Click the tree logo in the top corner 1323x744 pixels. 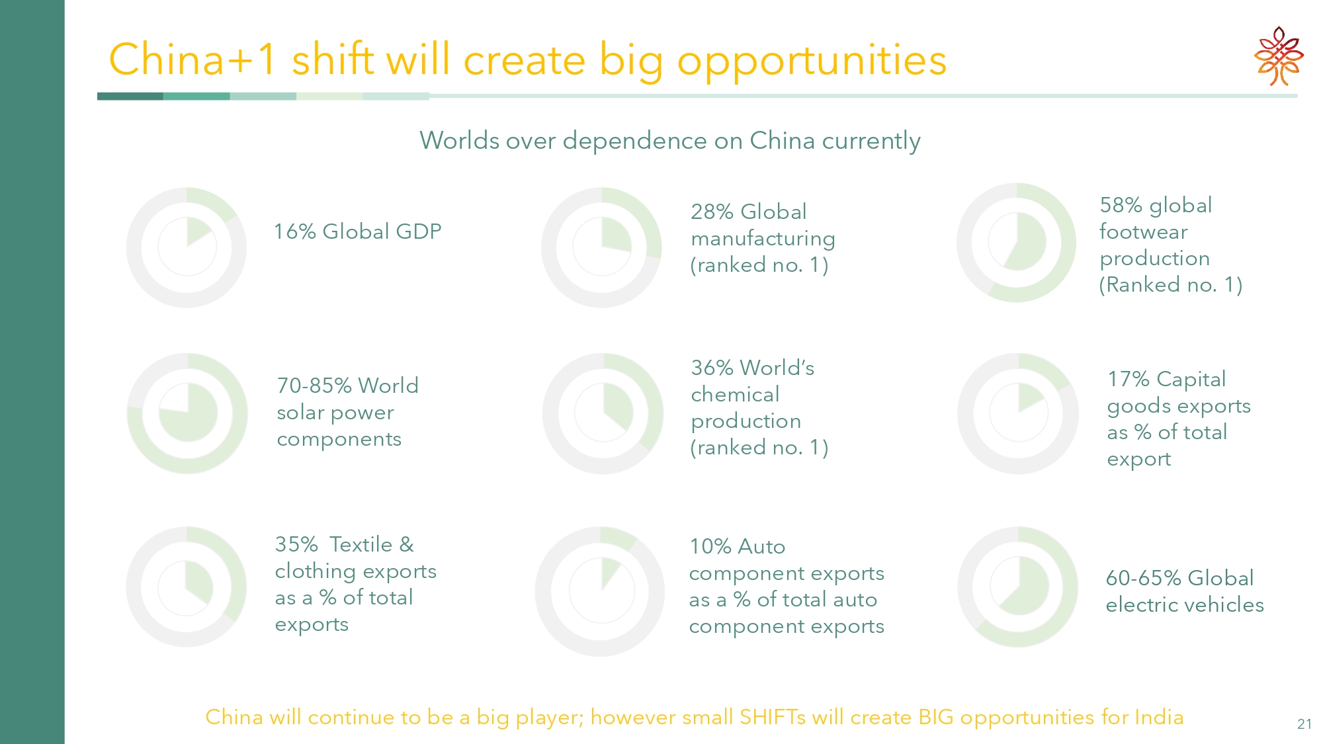pos(1279,56)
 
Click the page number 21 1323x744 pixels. pos(1304,724)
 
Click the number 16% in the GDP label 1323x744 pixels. pos(294,231)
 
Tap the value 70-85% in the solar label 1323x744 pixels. pos(314,386)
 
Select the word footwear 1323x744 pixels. pos(1143,232)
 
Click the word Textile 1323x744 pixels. pos(361,544)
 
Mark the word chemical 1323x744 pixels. pos(735,395)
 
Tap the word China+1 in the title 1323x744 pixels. pos(193,60)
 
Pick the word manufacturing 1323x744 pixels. pos(763,239)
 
